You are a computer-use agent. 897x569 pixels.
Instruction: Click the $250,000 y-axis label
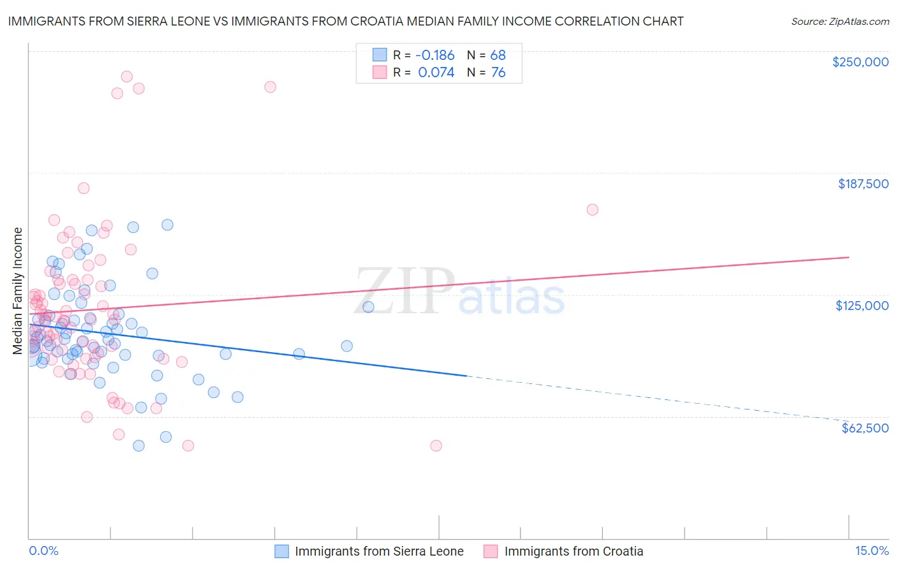click(x=860, y=62)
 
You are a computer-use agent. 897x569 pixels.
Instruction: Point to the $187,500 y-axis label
click(x=863, y=184)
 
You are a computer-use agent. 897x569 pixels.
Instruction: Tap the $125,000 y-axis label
click(x=862, y=306)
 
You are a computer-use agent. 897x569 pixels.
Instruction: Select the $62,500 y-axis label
click(x=865, y=428)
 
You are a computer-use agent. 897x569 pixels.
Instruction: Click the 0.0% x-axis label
click(x=43, y=551)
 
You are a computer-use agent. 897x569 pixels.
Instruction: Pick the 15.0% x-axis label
click(x=871, y=551)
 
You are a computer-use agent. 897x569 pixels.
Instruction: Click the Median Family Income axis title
click(x=18, y=291)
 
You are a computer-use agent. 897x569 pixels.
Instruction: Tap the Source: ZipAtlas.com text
click(x=840, y=21)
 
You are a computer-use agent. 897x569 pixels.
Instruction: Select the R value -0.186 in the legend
click(x=436, y=55)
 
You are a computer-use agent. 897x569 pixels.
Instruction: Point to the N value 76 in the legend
click(x=498, y=73)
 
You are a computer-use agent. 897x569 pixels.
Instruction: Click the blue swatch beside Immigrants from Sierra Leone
click(x=282, y=551)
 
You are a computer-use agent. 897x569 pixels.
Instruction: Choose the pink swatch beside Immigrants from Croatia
click(x=491, y=551)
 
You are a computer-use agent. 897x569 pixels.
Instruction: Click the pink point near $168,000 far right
click(x=592, y=210)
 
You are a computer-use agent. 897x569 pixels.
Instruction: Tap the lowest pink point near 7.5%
click(x=436, y=445)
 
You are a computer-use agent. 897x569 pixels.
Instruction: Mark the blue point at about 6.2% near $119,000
click(x=368, y=307)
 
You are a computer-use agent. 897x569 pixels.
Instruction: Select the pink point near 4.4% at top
click(x=270, y=87)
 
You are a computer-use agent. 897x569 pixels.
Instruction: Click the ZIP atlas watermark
click(x=459, y=292)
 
